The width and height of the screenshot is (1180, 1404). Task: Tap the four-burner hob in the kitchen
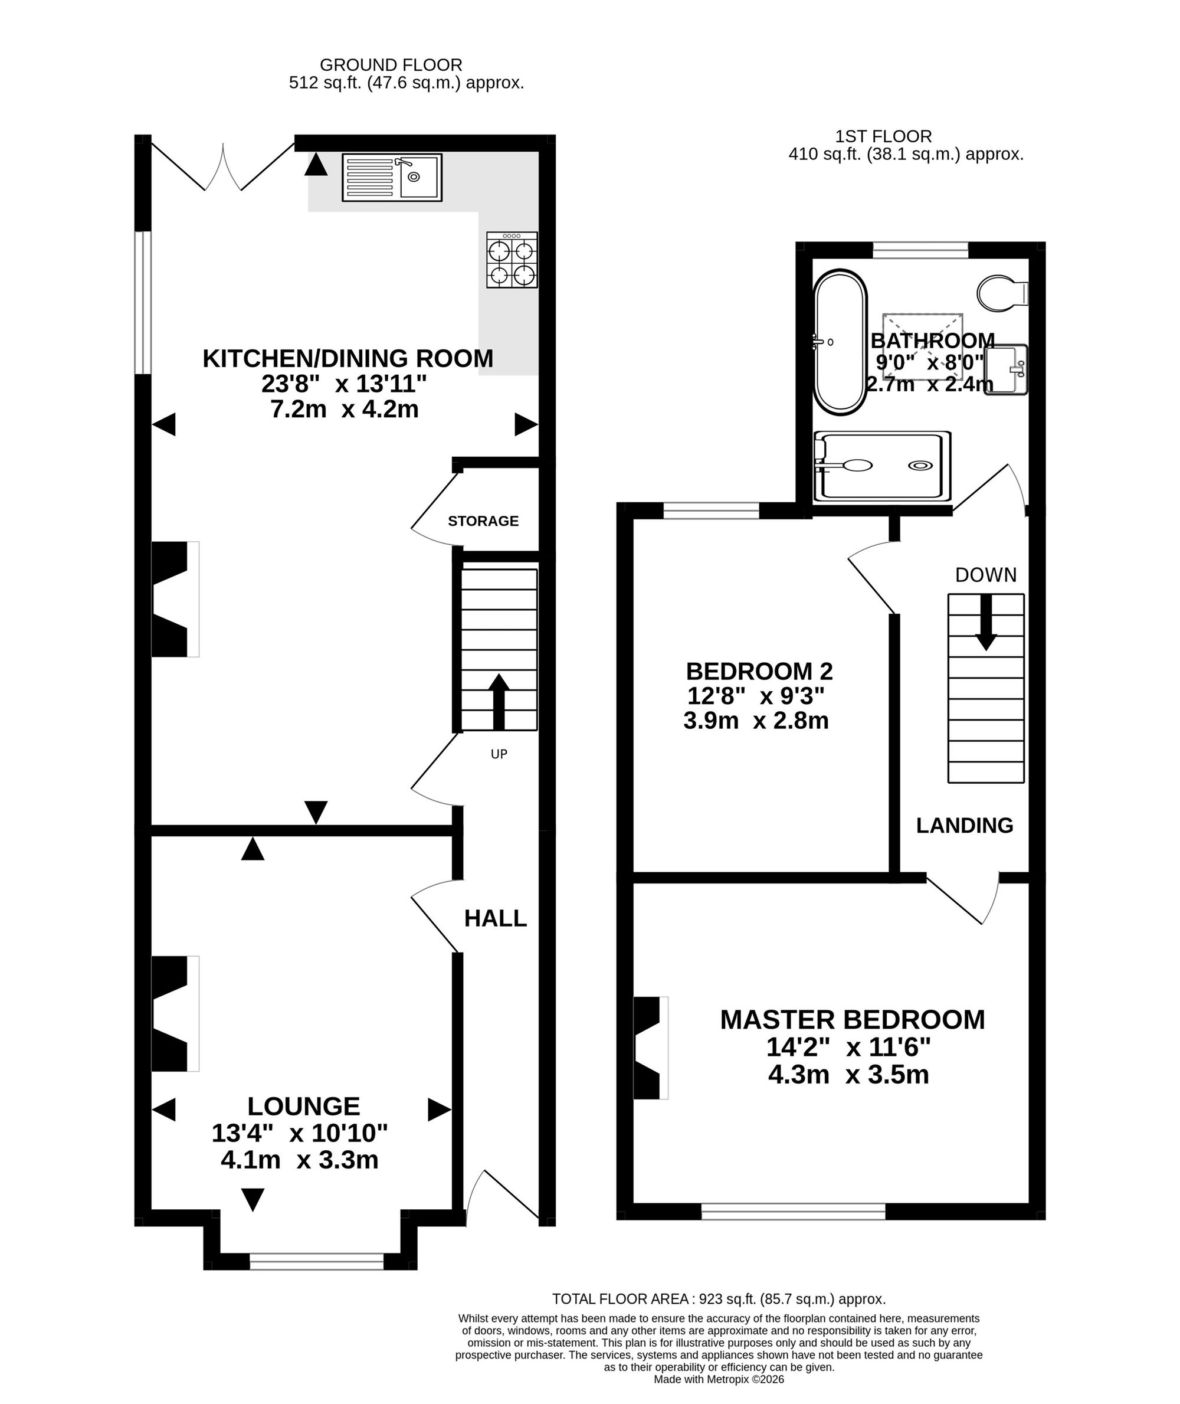point(512,260)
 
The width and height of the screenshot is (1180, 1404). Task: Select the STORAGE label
point(483,521)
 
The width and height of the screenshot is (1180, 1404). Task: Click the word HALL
point(496,918)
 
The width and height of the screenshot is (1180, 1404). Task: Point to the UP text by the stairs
point(499,754)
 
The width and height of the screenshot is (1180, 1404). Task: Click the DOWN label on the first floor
point(985,575)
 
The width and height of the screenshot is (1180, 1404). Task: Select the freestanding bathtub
point(840,341)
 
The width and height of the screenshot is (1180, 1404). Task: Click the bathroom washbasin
point(1006,370)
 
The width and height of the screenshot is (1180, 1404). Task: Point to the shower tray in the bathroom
point(881,466)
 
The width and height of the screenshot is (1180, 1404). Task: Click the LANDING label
point(965,826)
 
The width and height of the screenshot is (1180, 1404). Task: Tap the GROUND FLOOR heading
point(391,65)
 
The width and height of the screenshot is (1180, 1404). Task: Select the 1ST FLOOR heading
point(883,136)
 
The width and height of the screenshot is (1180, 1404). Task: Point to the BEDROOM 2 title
point(759,670)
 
